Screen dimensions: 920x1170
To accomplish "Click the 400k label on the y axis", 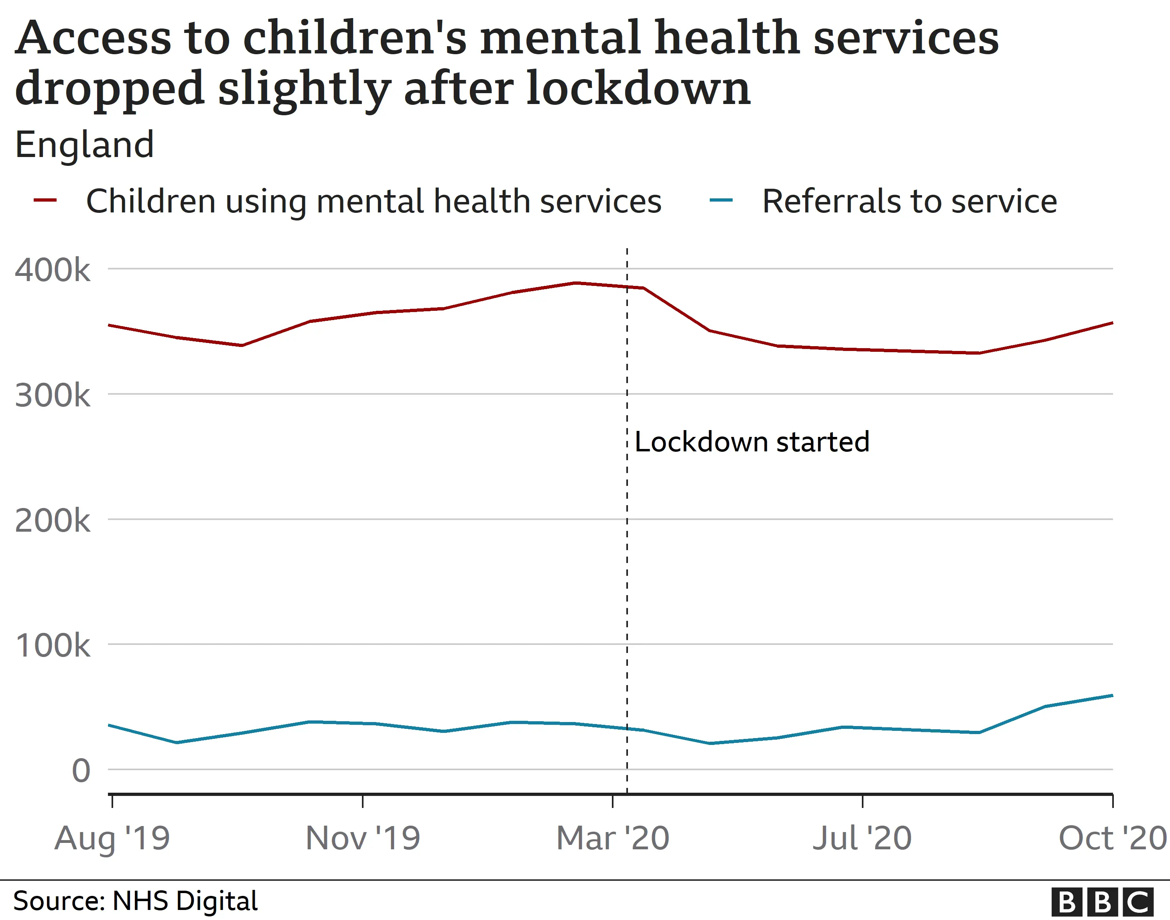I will point(52,270).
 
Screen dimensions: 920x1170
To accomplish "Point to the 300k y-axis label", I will point(52,396).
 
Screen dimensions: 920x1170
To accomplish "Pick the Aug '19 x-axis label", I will point(112,838).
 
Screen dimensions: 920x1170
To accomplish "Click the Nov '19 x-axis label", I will point(362,838).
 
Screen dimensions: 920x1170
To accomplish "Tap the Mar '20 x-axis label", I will point(612,838).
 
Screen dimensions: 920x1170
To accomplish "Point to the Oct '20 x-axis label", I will point(1112,838).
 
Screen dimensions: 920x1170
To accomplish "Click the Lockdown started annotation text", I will point(752,442).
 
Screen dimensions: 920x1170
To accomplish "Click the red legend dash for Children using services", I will point(45,200).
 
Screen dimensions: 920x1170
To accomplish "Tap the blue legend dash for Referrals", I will point(721,200).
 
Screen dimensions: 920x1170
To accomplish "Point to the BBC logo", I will point(1102,902).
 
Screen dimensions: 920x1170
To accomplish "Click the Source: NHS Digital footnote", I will point(135,901).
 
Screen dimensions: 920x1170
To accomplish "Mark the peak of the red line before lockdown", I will point(576,283).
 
